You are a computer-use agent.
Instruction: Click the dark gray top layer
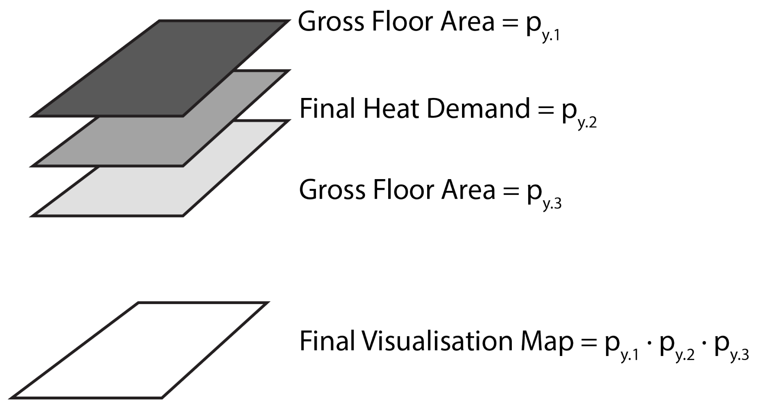158,68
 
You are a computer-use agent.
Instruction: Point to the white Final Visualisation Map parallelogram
139,350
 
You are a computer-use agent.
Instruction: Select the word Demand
479,109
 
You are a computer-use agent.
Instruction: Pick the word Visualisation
437,341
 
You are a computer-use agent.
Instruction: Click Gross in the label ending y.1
331,22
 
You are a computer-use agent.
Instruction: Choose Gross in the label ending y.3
332,190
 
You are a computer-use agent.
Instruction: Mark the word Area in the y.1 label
467,22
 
